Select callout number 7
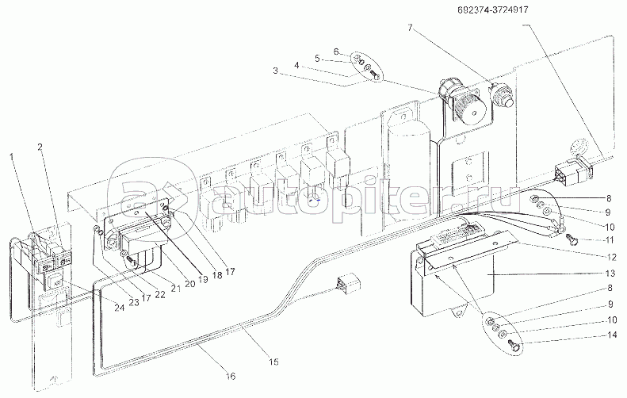pyautogui.click(x=410, y=28)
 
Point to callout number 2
pyautogui.click(x=40, y=147)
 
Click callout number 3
pyautogui.click(x=275, y=71)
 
